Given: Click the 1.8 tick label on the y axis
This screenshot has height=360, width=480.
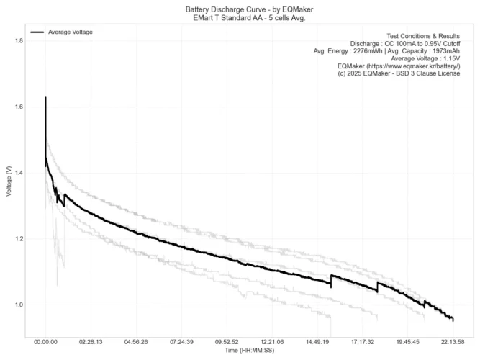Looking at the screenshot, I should (x=18, y=41).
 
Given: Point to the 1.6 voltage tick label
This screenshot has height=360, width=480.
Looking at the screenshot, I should (x=18, y=107).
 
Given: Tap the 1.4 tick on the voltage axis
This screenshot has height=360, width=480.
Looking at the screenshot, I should (x=18, y=174).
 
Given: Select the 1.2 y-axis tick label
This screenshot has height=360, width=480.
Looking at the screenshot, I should (x=18, y=239).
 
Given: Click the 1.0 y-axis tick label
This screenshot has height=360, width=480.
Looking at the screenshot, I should (x=18, y=305).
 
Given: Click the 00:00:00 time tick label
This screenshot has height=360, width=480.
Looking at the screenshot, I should (x=45, y=343).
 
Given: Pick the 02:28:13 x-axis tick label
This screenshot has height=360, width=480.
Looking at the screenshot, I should (x=91, y=343).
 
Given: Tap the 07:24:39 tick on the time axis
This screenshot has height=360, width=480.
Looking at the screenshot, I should (x=181, y=343).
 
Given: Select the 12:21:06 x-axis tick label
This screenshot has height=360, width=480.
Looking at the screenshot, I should (x=272, y=343).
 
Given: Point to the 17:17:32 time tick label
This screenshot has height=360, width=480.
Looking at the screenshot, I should (x=363, y=343).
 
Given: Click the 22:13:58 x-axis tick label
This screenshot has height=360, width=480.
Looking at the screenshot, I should (x=453, y=343).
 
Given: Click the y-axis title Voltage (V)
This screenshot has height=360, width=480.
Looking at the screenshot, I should (x=8, y=181).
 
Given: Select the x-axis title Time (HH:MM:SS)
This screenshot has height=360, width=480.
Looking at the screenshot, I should (x=250, y=351).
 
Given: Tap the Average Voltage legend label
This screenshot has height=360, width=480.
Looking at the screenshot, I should (x=71, y=32).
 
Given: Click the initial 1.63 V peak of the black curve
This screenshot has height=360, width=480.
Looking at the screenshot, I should (x=45, y=98).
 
